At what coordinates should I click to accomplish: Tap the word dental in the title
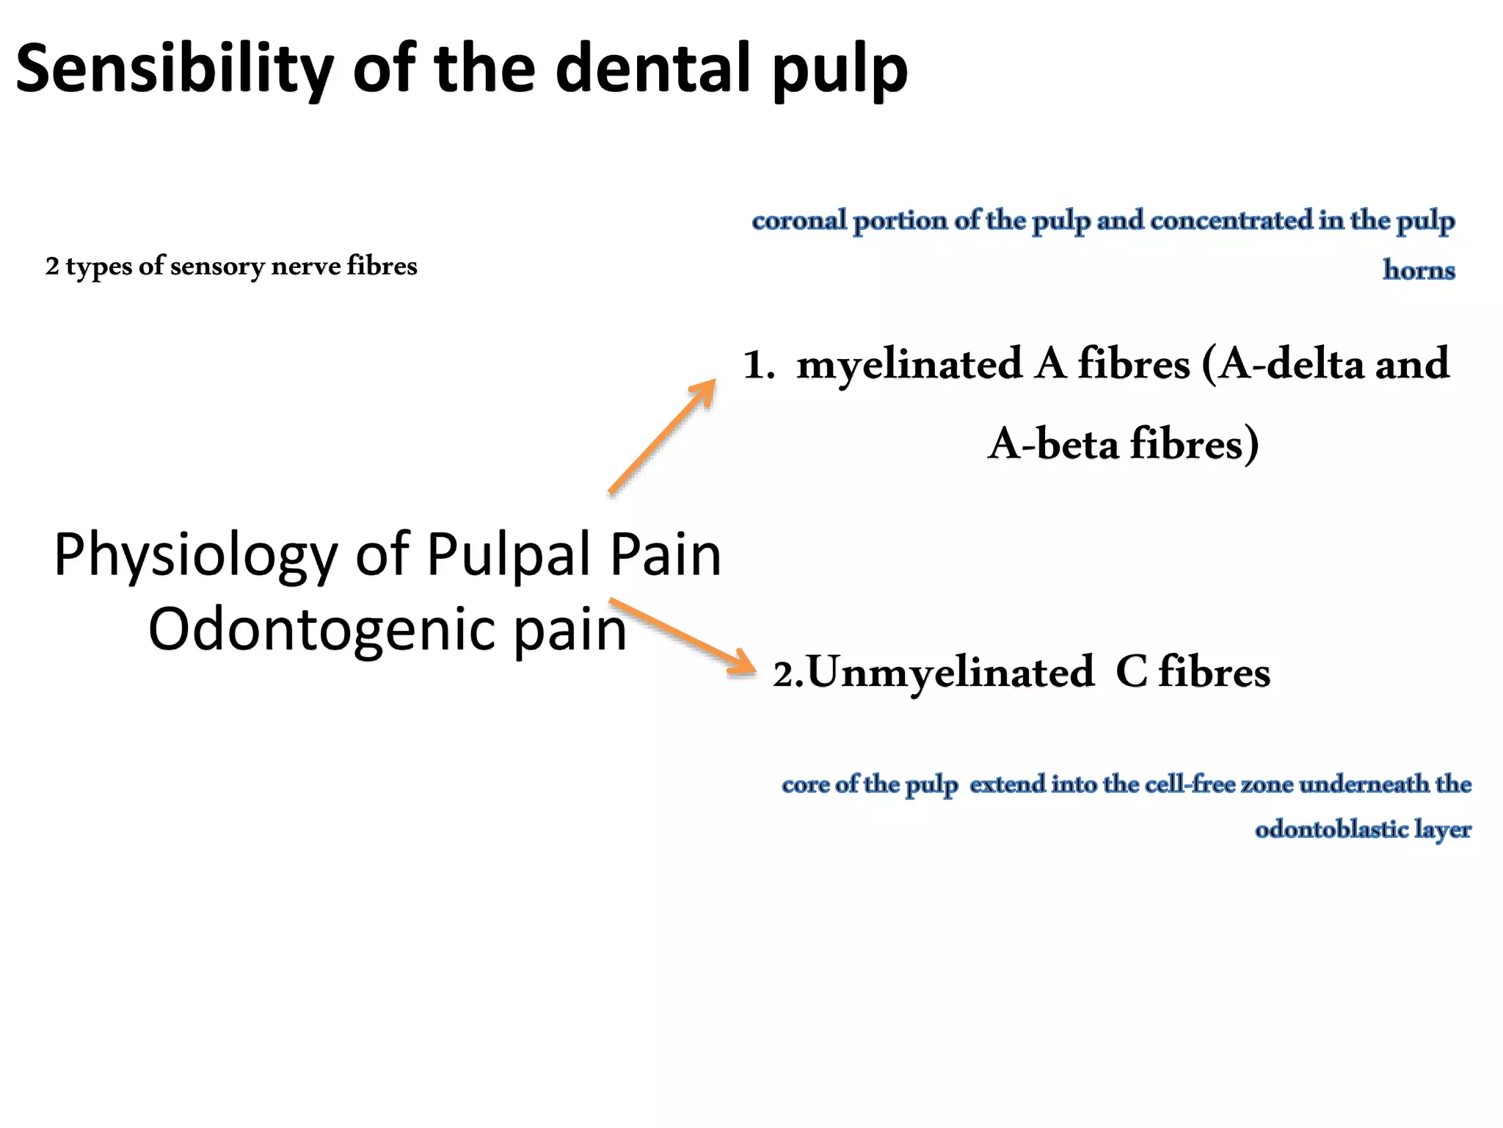[x=653, y=68]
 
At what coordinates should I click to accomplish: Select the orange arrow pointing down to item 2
[x=683, y=636]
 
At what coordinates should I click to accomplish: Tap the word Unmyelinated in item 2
[x=950, y=673]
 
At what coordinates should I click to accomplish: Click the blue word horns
[x=1419, y=270]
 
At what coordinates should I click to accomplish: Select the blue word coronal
[x=799, y=220]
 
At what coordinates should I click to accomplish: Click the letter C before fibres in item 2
[x=1131, y=673]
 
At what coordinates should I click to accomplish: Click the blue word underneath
[x=1364, y=784]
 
